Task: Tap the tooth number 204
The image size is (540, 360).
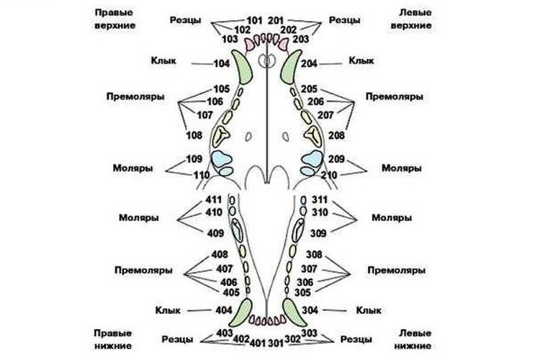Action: [x=310, y=64]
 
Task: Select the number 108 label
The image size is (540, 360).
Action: [x=194, y=135]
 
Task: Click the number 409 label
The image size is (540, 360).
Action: [x=214, y=233]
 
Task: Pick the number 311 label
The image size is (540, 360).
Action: [x=319, y=199]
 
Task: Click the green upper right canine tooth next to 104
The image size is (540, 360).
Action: [x=243, y=67]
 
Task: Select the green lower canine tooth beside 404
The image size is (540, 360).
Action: [x=244, y=312]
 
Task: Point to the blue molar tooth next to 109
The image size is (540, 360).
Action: [x=221, y=158]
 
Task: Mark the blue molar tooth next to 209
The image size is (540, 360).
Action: [x=313, y=158]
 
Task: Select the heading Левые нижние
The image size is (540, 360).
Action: [x=415, y=341]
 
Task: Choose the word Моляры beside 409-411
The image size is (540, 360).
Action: [x=140, y=217]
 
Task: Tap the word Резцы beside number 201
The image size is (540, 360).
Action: [x=345, y=20]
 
